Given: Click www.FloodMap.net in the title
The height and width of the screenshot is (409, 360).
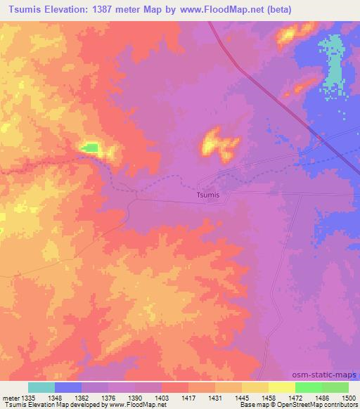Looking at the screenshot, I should coord(224,10).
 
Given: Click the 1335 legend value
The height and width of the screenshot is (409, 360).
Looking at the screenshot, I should coord(28,396).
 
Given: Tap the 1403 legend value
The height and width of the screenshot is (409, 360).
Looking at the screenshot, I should coord(161,396).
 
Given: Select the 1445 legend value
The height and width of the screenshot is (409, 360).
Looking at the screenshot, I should coord(240,396).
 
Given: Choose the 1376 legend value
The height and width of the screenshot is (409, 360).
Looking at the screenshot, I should coord(108,396).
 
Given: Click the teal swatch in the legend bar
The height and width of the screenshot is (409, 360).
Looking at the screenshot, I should coord(41,387).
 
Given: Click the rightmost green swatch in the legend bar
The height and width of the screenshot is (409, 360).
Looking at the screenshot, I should coord(335,387).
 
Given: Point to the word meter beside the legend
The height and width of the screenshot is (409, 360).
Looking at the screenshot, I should coord(10,396).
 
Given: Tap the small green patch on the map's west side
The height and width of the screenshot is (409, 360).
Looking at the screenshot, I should coord(89,147).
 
